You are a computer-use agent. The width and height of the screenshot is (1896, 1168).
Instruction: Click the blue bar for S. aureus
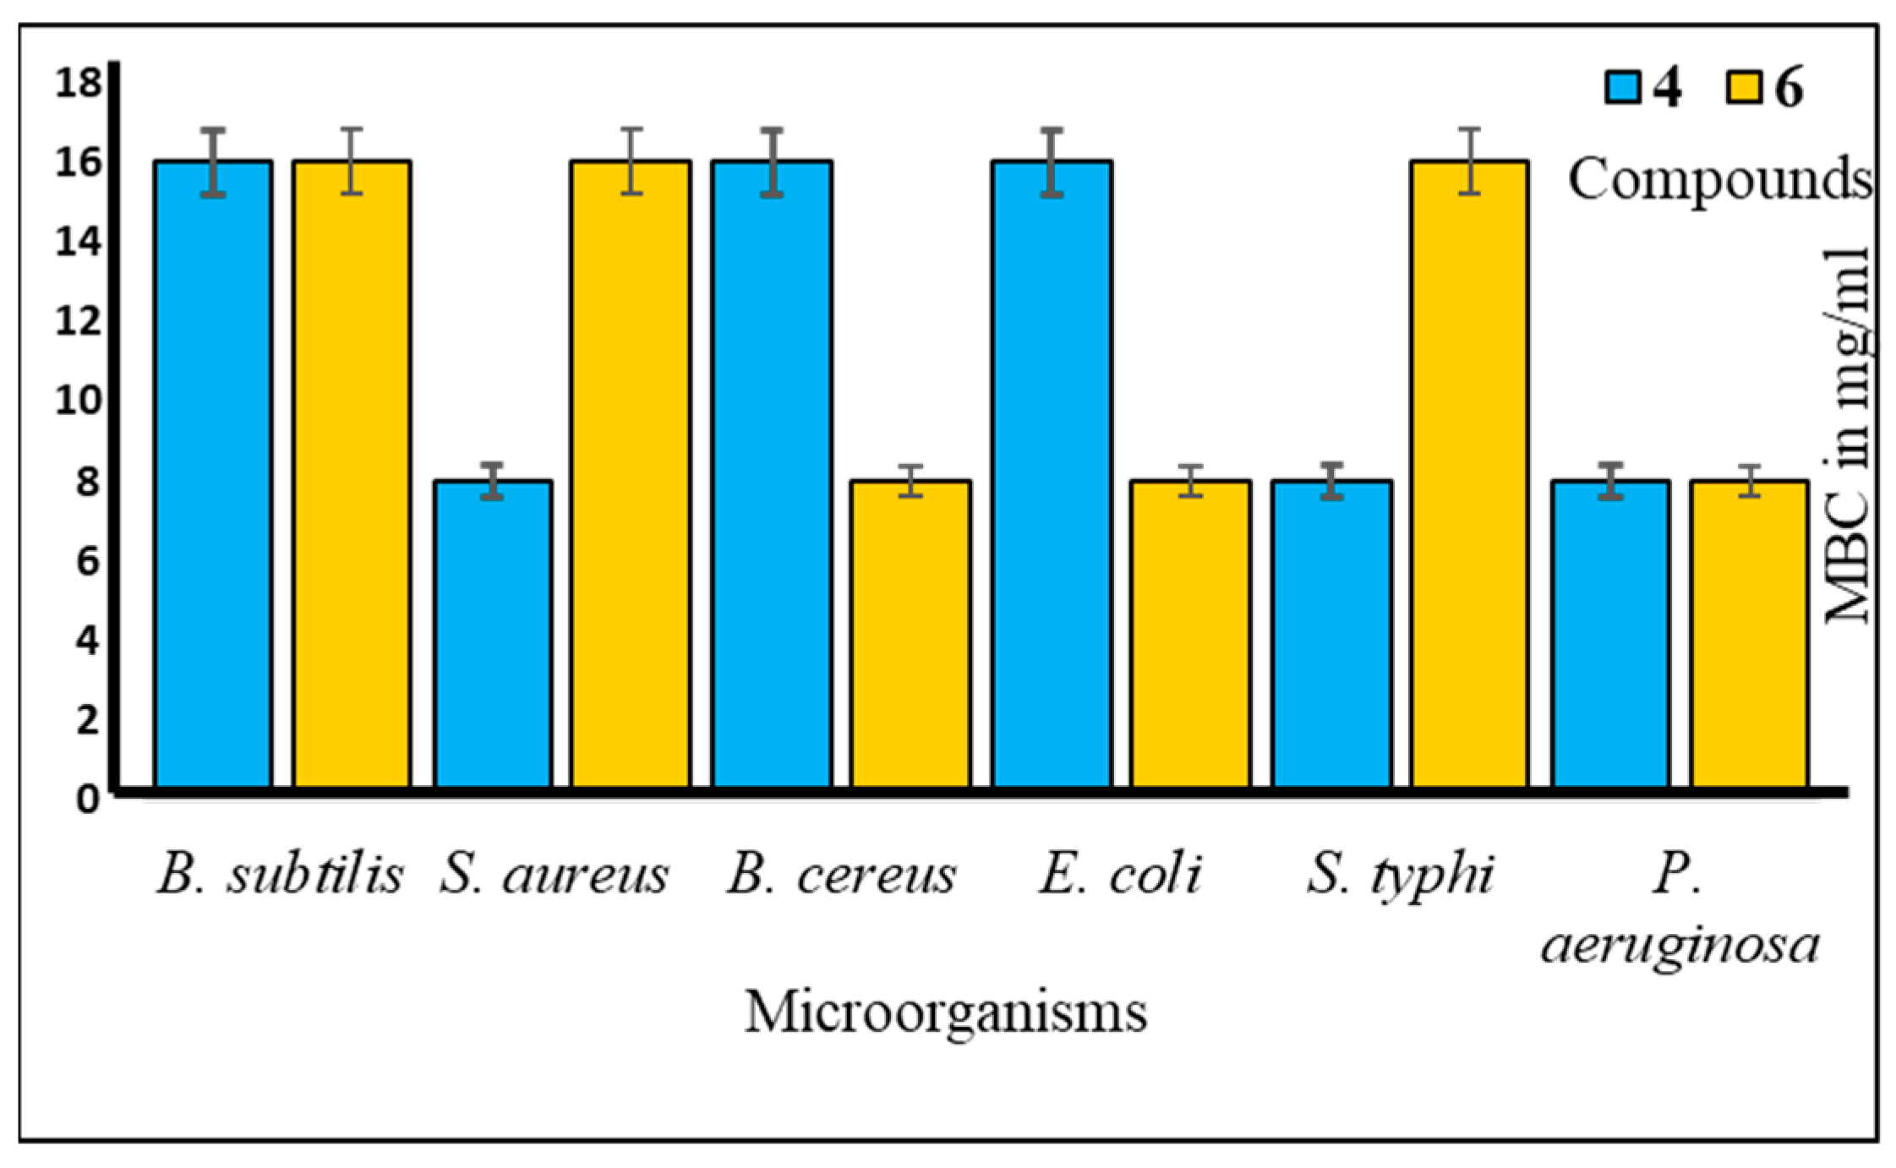pos(493,634)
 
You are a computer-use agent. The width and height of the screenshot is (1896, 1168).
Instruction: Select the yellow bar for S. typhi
pos(1470,473)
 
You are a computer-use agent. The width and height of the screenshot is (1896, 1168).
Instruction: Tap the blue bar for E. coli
pos(1052,473)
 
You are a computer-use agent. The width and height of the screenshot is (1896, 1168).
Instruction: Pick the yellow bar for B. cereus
pos(910,634)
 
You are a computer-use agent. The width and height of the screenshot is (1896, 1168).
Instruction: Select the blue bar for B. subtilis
pos(213,473)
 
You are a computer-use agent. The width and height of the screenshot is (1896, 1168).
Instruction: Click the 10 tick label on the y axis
pos(79,401)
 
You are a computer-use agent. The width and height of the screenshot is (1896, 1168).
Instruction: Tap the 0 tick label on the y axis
pos(88,798)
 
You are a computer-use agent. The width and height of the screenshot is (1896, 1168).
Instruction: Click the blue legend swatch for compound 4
pos(1623,87)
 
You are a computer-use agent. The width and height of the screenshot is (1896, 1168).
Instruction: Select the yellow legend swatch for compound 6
pos(1743,87)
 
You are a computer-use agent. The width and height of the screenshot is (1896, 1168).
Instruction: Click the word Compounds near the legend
pos(1719,180)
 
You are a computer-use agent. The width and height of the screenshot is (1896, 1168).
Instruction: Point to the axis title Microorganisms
pos(946,1012)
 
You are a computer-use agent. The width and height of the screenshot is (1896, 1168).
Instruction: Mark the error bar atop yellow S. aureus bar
pos(631,161)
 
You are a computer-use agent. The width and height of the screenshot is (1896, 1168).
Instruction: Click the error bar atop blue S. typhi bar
pos(1332,481)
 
